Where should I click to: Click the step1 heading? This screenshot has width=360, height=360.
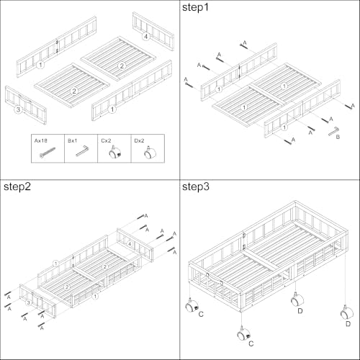click(195, 7)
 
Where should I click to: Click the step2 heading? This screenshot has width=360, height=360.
click(17, 186)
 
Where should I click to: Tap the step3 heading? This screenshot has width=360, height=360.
click(196, 186)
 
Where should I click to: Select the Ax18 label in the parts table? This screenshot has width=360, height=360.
click(40, 140)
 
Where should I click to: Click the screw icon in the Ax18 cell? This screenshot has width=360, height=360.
click(48, 153)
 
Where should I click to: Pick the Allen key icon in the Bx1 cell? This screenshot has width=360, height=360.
click(82, 150)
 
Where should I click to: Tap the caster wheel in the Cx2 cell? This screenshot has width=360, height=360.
click(114, 152)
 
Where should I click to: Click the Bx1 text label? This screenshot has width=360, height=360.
click(72, 140)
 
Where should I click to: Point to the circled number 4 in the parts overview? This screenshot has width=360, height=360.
click(145, 37)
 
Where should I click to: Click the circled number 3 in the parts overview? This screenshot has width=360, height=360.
click(18, 109)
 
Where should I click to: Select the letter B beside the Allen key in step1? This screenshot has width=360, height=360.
click(338, 137)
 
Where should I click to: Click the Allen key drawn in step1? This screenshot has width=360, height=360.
click(333, 131)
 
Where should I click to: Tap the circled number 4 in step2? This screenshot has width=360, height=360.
click(130, 244)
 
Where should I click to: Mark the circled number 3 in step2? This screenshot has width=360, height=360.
click(29, 302)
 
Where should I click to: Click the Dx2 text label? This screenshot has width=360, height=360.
click(139, 140)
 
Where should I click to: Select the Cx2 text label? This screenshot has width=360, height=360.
click(106, 140)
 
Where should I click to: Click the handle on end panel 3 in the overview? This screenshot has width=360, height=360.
click(24, 99)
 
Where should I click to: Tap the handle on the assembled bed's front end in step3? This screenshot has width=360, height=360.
click(215, 278)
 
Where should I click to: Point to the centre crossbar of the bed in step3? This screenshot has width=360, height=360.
click(264, 261)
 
